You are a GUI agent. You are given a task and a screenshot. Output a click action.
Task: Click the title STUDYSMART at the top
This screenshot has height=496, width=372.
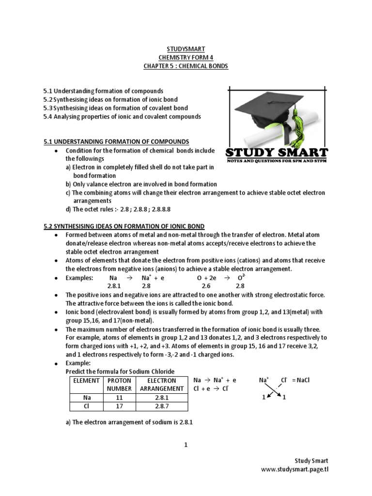point(186,49)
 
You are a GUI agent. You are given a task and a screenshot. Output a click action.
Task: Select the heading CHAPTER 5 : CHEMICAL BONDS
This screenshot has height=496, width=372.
point(186,65)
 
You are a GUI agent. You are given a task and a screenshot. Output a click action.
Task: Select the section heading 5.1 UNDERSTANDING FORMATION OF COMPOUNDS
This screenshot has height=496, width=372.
point(116,141)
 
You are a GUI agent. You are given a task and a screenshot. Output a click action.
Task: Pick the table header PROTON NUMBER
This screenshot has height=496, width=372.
point(119,384)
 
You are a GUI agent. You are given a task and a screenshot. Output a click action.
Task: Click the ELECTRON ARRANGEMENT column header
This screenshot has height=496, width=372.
point(161,384)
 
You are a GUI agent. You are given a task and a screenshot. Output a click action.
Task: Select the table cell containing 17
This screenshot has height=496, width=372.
point(119,405)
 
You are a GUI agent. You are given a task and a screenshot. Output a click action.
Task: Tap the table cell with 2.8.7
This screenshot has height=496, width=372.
point(161,405)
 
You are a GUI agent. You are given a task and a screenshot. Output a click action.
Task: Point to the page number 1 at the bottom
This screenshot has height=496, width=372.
point(186,446)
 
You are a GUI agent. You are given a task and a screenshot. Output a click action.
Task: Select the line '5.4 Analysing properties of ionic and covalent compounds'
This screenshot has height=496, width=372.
point(122,117)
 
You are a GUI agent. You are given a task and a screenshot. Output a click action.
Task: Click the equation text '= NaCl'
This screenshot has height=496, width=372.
point(301,380)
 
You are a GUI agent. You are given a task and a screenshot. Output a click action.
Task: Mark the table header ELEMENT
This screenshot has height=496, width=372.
point(86,380)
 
